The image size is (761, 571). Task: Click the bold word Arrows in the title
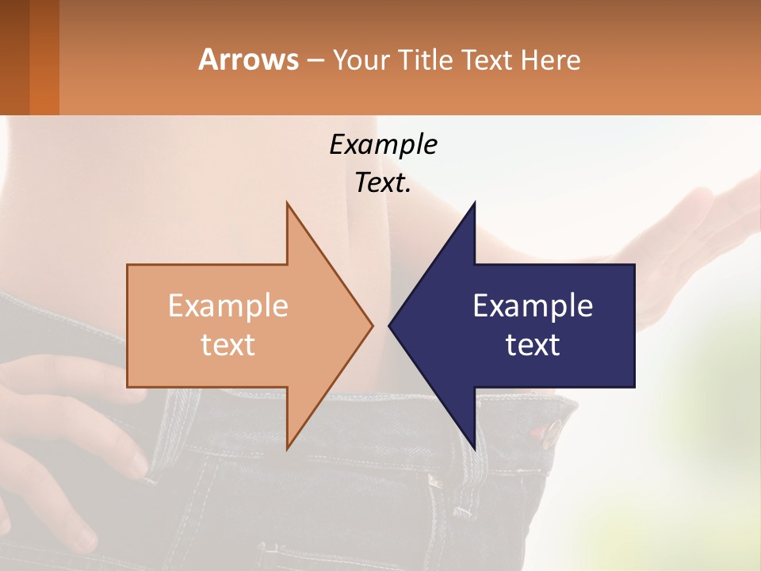[249, 59]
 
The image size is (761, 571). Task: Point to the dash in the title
[315, 60]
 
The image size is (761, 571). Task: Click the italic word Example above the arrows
[383, 144]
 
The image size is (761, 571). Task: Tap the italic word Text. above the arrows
[383, 183]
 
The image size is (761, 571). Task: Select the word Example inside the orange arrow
[228, 305]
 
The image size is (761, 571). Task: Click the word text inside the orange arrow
[228, 344]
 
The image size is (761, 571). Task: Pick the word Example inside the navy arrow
[533, 305]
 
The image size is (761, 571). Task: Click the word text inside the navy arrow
[533, 344]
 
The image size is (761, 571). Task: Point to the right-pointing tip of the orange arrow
[372, 325]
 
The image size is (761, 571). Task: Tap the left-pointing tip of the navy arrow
[389, 325]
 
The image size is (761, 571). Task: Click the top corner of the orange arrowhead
[287, 203]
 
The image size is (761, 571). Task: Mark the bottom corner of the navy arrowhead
[474, 448]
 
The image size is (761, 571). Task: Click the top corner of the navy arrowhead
[474, 203]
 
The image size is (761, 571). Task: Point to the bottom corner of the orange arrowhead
[287, 448]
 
